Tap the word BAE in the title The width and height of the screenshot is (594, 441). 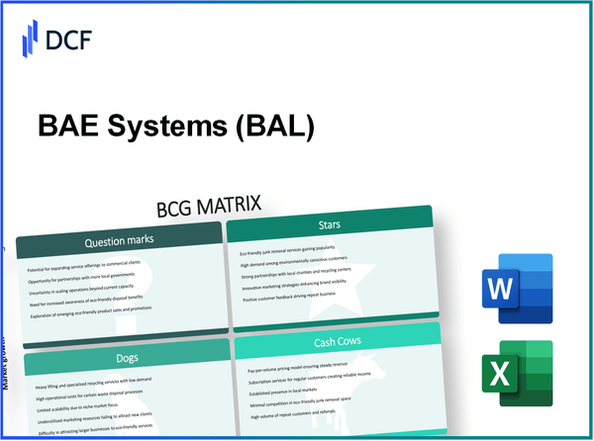click(70, 127)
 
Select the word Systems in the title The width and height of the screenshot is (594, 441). click(176, 127)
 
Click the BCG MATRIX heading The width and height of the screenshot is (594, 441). click(215, 208)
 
